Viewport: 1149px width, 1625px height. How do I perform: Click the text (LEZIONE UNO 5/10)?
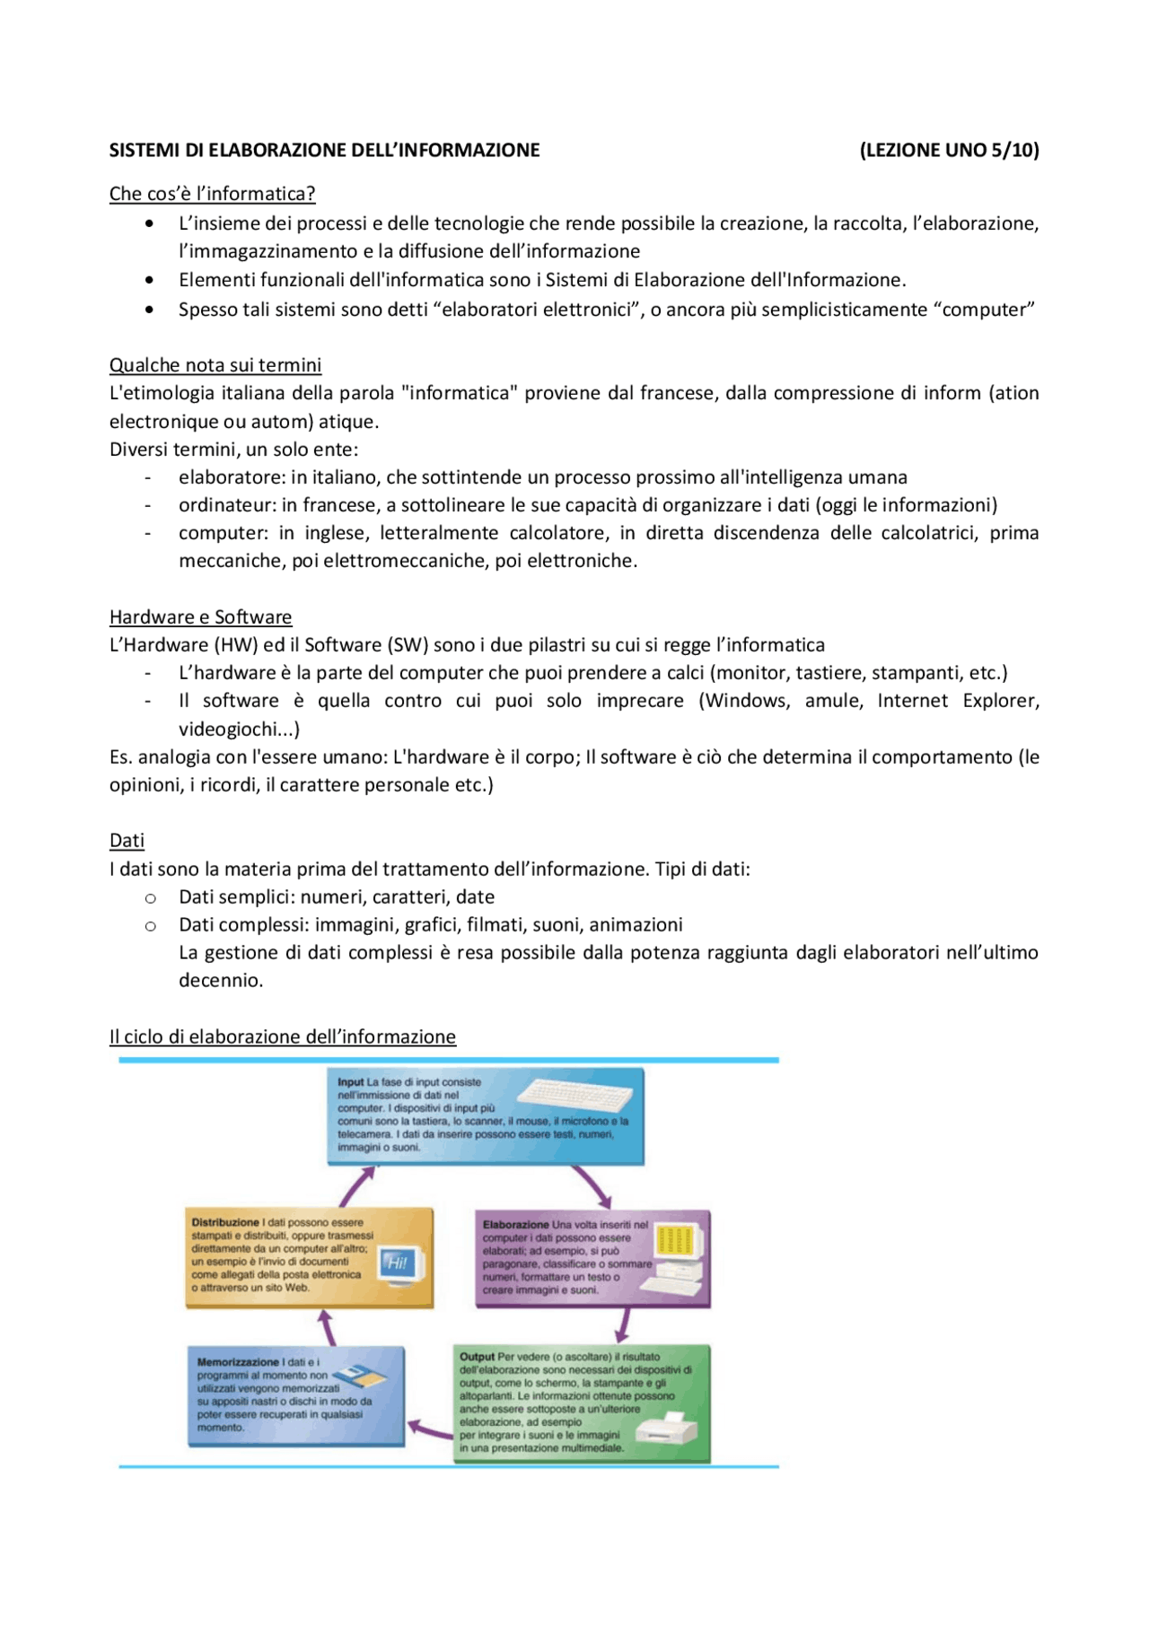coord(949,151)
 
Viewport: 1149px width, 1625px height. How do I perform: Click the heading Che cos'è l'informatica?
coord(212,194)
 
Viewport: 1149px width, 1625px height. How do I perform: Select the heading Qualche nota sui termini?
coord(215,365)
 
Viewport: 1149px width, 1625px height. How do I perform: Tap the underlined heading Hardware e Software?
coord(200,617)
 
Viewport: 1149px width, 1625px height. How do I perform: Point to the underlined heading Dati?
coord(127,841)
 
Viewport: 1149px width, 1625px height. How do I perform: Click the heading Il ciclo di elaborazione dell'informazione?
coord(282,1037)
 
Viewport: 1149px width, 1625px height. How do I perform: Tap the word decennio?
coord(221,981)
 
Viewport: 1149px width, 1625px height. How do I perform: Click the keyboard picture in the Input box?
coord(574,1096)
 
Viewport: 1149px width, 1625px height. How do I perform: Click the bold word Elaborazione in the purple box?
coord(515,1225)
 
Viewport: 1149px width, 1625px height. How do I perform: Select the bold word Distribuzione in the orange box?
coord(225,1222)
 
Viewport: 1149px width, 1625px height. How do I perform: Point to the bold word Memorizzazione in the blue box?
coord(238,1362)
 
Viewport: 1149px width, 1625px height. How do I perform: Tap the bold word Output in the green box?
coord(477,1357)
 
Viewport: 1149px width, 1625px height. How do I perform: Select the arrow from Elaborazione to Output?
coord(623,1324)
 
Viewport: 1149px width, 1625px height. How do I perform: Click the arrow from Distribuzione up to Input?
coord(356,1186)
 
